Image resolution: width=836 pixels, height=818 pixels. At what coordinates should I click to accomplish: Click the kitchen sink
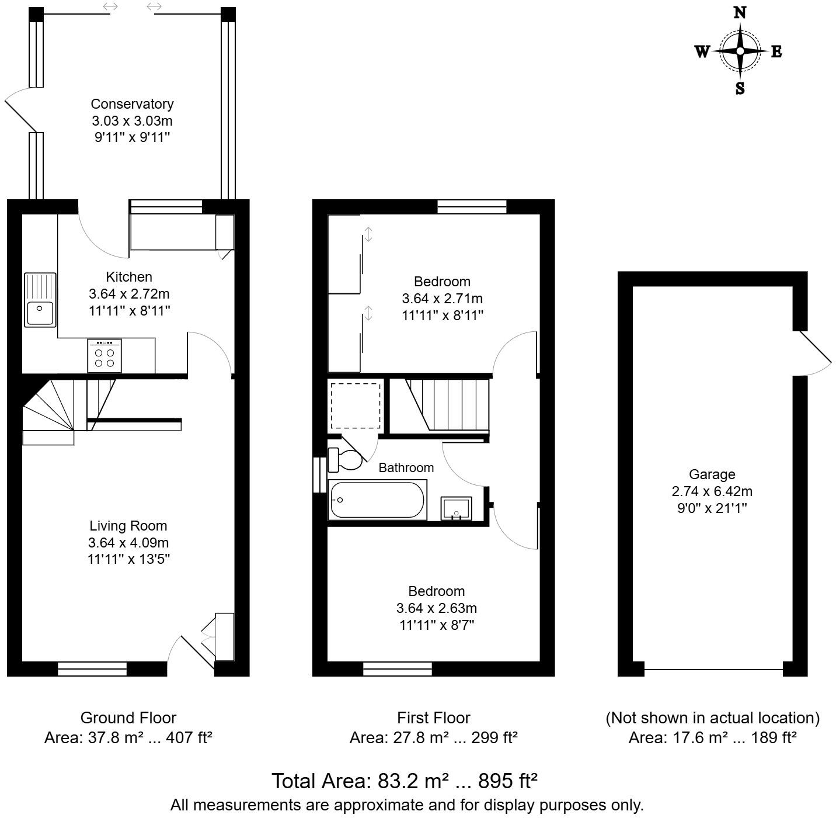tap(40, 299)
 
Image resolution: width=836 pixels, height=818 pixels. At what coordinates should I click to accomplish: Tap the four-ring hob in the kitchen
tap(104, 356)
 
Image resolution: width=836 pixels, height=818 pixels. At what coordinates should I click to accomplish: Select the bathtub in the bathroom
tap(377, 500)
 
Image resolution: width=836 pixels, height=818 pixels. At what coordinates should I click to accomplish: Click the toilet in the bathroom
tap(345, 459)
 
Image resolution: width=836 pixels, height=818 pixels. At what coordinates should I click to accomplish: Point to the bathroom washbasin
tap(456, 508)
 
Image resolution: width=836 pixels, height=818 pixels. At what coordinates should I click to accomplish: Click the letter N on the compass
tap(740, 12)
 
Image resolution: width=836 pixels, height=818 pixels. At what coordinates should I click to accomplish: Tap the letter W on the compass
tap(702, 51)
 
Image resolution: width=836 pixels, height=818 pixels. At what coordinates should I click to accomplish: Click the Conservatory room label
tap(132, 104)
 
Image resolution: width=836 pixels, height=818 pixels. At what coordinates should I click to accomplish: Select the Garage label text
tap(712, 474)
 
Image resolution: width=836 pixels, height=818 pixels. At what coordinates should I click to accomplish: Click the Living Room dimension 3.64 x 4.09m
tap(128, 542)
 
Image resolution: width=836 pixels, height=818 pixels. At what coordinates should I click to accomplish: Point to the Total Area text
tap(404, 781)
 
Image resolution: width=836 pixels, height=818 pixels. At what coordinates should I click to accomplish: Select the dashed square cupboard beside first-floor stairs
tap(356, 405)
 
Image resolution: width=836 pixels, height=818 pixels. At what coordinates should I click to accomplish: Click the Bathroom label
tap(406, 467)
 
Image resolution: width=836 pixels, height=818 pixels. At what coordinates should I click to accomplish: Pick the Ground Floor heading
tap(128, 718)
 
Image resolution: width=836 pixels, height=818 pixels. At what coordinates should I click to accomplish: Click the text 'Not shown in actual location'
tap(712, 718)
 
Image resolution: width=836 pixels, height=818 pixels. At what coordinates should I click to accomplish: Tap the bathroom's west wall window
tap(319, 474)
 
